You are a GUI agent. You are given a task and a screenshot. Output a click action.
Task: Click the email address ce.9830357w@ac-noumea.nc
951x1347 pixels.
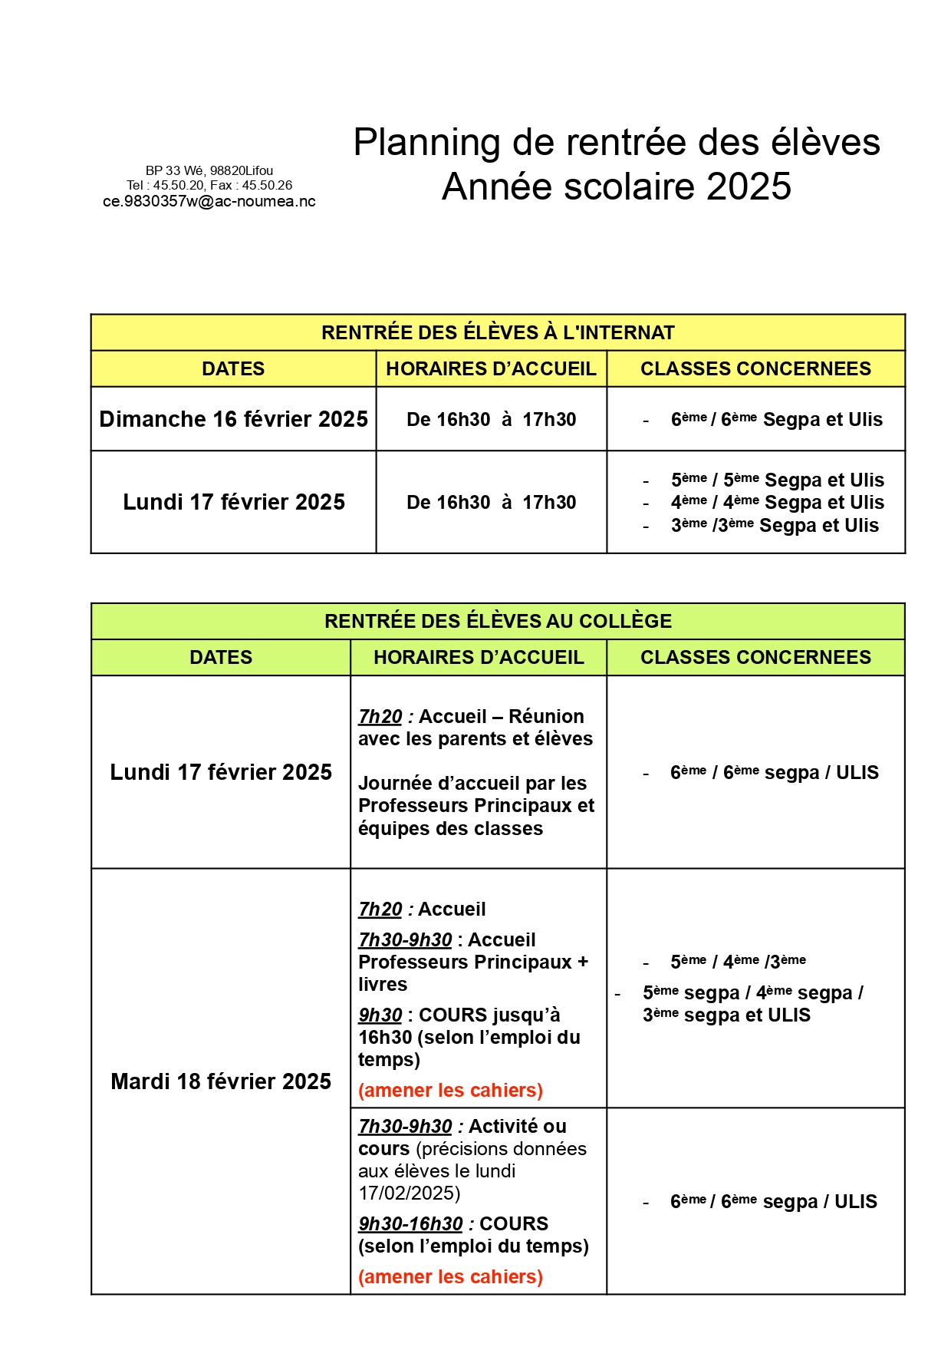pyautogui.click(x=209, y=202)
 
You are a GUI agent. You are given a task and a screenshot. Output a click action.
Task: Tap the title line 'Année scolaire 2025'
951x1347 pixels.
pyautogui.click(x=617, y=187)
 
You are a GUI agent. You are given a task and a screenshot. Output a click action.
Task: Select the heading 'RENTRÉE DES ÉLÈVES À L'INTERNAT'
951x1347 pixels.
pyautogui.click(x=498, y=332)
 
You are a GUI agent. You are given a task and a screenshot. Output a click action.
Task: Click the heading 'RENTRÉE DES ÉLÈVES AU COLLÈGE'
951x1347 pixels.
pyautogui.click(x=498, y=621)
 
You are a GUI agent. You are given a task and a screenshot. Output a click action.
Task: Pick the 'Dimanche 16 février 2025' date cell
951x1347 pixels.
pyautogui.click(x=233, y=419)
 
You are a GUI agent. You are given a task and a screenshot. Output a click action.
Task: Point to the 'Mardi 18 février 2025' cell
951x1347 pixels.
pyautogui.click(x=221, y=1081)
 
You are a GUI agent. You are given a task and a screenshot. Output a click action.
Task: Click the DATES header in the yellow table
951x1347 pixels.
pyautogui.click(x=233, y=368)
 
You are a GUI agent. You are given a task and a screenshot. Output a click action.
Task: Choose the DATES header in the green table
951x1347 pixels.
pyautogui.click(x=221, y=657)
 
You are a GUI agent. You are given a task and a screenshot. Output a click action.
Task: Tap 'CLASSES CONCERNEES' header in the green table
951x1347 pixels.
pyautogui.click(x=755, y=657)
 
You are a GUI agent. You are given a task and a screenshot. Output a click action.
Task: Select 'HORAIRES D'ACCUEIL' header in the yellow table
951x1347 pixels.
pyautogui.click(x=491, y=368)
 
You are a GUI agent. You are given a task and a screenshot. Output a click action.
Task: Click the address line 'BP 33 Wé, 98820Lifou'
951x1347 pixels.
pyautogui.click(x=209, y=170)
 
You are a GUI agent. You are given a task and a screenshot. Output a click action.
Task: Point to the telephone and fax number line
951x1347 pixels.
pyautogui.click(x=209, y=185)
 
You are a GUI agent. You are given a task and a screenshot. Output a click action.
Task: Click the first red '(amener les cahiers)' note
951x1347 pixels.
pyautogui.click(x=450, y=1090)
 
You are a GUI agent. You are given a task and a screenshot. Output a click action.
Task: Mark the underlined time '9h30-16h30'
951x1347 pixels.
pyautogui.click(x=410, y=1223)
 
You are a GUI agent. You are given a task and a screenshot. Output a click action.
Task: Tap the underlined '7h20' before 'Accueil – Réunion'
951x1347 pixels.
pyautogui.click(x=380, y=716)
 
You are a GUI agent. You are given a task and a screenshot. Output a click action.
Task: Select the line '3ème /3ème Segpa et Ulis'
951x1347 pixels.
pyautogui.click(x=775, y=526)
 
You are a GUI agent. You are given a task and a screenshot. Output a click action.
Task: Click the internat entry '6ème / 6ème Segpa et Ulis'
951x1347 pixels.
pyautogui.click(x=776, y=420)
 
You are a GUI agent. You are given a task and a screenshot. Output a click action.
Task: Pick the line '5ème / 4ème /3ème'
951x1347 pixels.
pyautogui.click(x=738, y=962)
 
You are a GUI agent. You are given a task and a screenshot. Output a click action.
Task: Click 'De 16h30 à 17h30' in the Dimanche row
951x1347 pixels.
pyautogui.click(x=491, y=420)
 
